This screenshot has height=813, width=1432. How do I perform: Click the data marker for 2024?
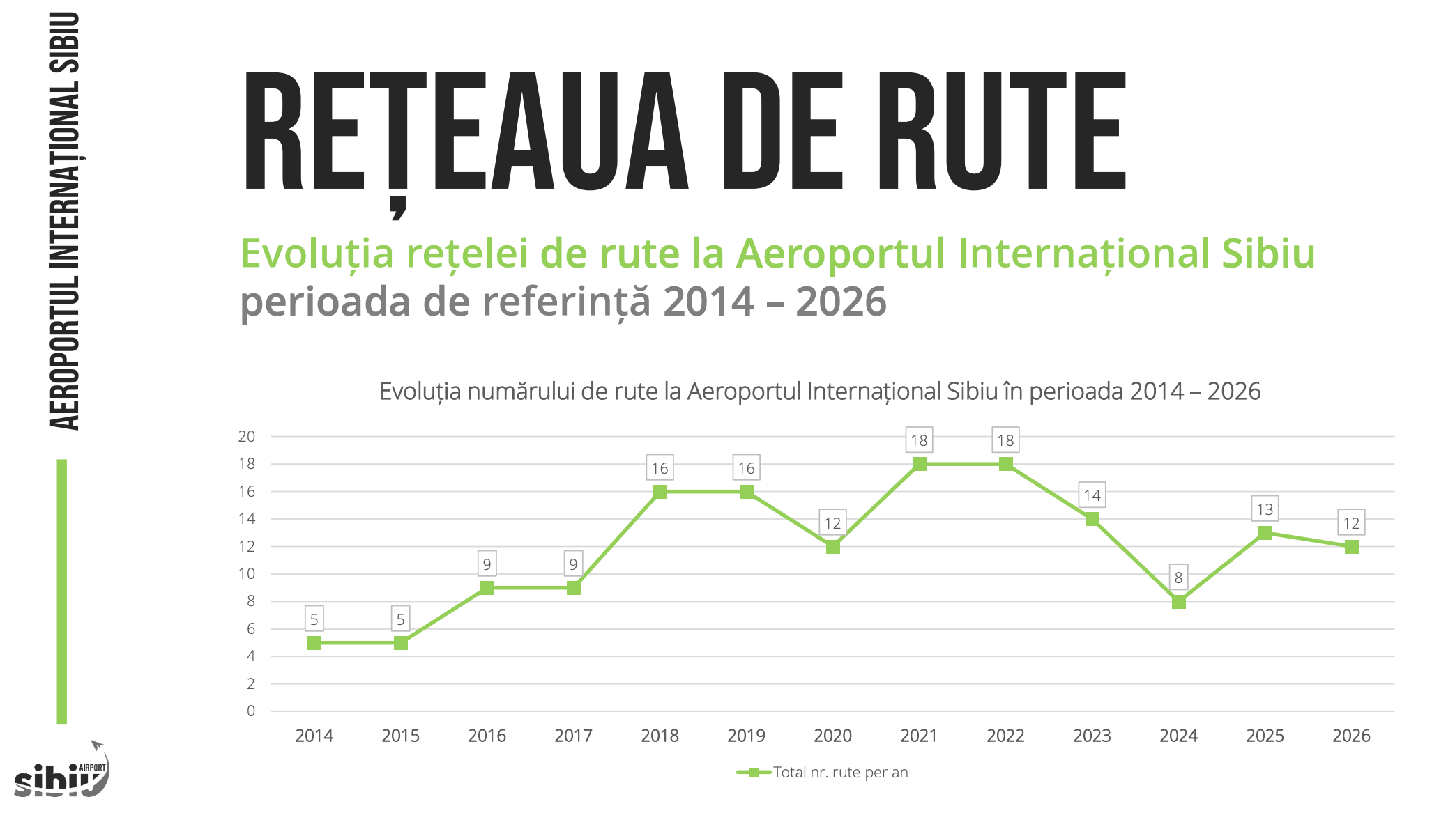(x=1178, y=602)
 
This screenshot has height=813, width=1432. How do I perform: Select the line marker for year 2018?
(x=660, y=492)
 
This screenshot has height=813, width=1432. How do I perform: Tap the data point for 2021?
(x=919, y=464)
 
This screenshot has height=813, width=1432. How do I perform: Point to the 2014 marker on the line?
(x=314, y=643)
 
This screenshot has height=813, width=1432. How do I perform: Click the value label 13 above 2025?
(x=1265, y=509)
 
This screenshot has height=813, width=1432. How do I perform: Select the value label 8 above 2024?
(x=1178, y=578)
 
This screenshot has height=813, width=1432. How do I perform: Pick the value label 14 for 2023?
(x=1092, y=495)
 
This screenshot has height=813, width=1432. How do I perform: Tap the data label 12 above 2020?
(x=832, y=523)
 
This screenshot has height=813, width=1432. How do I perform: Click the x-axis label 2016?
(x=487, y=736)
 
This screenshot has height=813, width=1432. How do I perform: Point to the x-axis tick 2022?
(x=1005, y=736)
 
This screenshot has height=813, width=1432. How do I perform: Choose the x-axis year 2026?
(x=1351, y=736)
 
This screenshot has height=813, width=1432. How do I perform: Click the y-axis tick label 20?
(x=247, y=437)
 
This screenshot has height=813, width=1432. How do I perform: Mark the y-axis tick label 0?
(x=251, y=711)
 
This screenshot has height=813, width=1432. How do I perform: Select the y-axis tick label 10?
(x=247, y=574)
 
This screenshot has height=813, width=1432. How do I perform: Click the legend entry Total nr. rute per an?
(x=840, y=772)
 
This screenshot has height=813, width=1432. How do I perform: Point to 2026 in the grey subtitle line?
(x=841, y=302)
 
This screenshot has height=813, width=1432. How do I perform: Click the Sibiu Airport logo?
(x=61, y=772)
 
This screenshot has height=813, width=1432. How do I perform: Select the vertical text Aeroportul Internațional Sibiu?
(x=64, y=222)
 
